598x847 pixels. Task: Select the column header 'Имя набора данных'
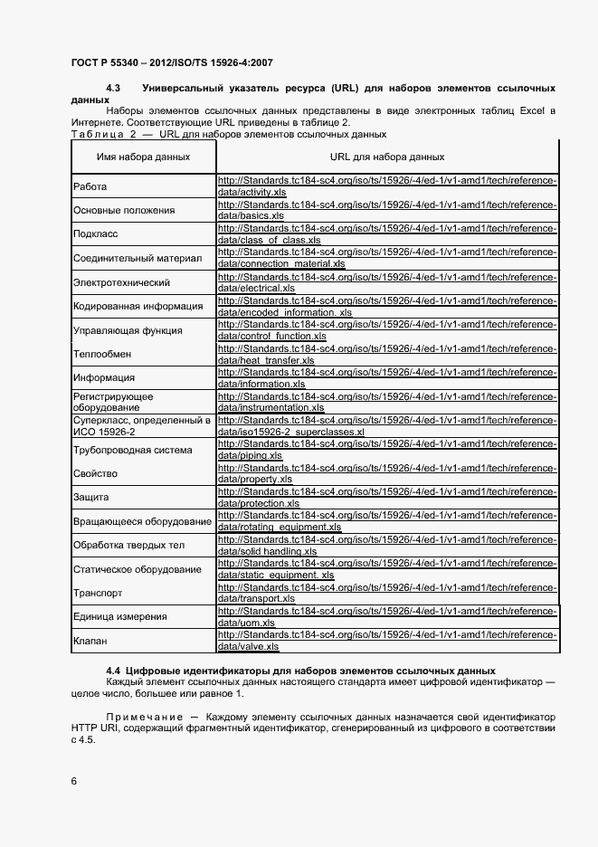point(143,157)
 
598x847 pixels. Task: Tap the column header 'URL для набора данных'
point(387,157)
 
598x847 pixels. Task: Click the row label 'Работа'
point(90,187)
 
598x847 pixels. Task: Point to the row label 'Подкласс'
point(94,234)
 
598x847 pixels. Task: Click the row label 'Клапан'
point(90,641)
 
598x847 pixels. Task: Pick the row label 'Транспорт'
point(97,593)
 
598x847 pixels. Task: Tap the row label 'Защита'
point(90,497)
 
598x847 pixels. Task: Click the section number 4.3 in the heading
point(114,88)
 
